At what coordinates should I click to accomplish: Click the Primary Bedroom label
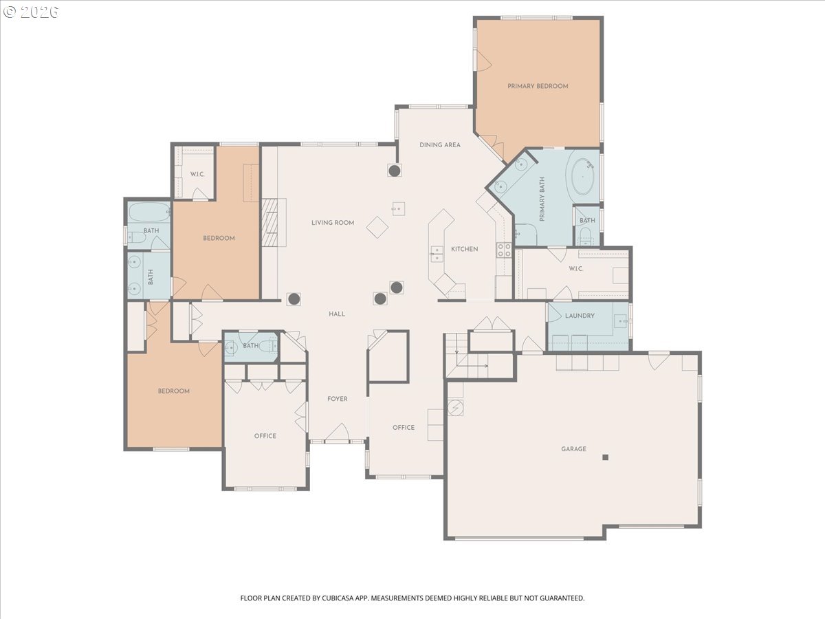point(538,86)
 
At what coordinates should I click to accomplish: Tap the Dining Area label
point(440,144)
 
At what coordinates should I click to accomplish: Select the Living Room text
point(333,222)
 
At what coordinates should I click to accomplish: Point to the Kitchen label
point(465,249)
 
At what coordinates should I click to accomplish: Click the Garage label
point(573,448)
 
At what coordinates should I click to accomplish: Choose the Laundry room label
point(580,316)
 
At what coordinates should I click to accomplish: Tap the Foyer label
point(337,399)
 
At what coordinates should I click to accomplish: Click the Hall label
point(337,314)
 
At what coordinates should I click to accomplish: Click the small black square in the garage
point(605,457)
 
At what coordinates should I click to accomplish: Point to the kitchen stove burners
point(504,250)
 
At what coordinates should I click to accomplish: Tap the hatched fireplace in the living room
point(269,222)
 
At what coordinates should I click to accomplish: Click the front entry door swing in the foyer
point(338,431)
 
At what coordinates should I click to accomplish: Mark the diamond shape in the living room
point(377,228)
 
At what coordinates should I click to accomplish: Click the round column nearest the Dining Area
point(394,171)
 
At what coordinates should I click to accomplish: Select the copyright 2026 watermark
point(31,12)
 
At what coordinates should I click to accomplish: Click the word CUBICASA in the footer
point(337,598)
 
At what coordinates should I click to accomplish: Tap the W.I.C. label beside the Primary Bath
point(576,269)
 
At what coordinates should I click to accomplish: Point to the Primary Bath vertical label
point(542,199)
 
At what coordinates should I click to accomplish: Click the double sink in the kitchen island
point(437,254)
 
